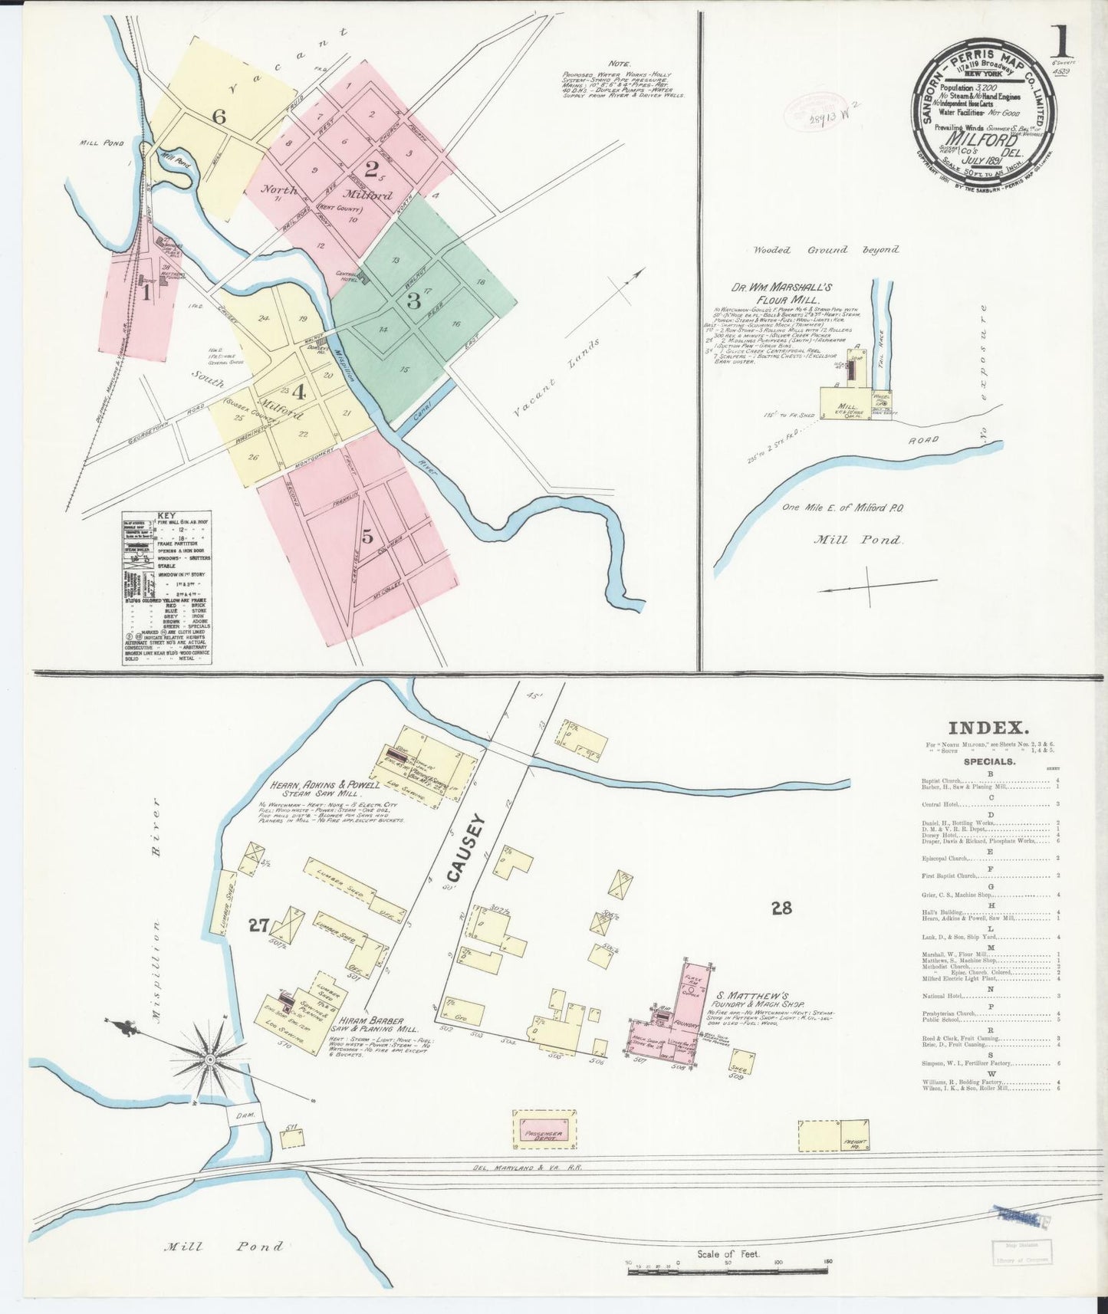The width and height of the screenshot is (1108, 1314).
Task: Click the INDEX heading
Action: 988,729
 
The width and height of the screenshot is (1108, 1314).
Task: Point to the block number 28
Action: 781,908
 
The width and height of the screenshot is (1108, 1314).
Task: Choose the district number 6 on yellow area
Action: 219,117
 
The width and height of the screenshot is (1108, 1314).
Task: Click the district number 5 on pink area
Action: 367,536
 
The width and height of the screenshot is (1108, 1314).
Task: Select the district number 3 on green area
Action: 414,301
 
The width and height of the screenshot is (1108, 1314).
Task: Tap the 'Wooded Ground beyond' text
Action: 826,250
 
